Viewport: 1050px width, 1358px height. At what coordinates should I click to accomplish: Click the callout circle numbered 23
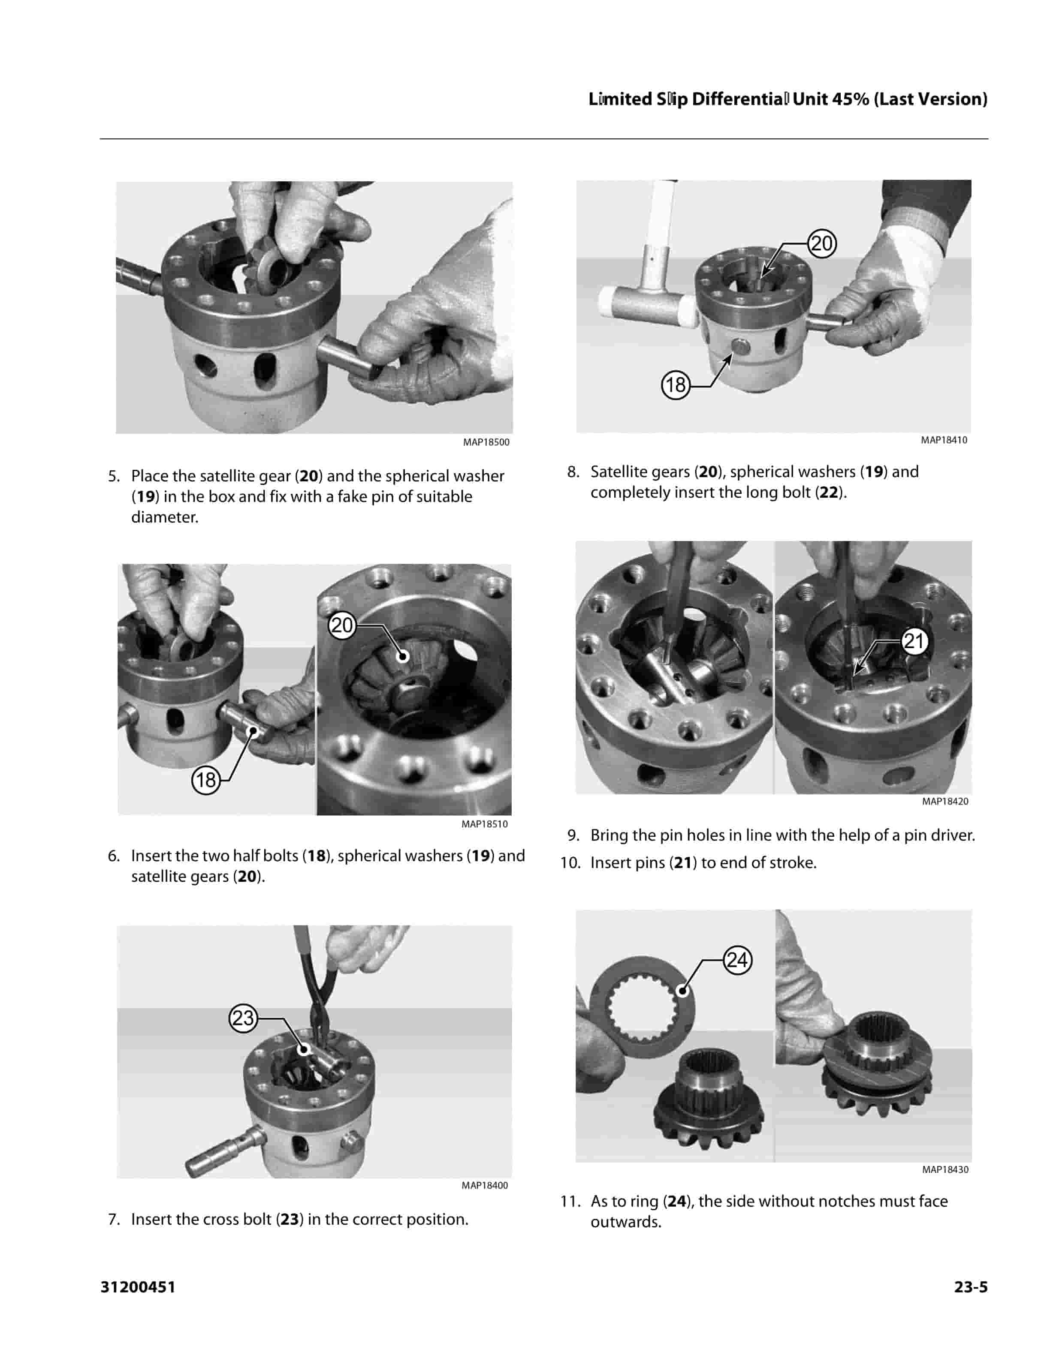pyautogui.click(x=243, y=1018)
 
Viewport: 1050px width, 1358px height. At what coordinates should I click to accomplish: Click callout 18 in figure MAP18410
pyautogui.click(x=676, y=385)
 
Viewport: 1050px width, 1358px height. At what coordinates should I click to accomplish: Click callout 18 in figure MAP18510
pyautogui.click(x=206, y=780)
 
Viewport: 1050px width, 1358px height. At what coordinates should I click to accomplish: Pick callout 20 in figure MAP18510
pyautogui.click(x=341, y=625)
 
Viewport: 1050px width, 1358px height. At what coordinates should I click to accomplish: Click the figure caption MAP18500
pyautogui.click(x=486, y=442)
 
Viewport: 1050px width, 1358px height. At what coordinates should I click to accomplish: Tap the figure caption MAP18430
pyautogui.click(x=945, y=1169)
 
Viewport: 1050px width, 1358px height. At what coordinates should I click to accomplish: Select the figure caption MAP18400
pyautogui.click(x=485, y=1186)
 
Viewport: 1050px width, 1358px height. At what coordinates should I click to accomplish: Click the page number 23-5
pyautogui.click(x=971, y=1287)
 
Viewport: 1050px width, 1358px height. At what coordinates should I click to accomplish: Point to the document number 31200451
pyautogui.click(x=138, y=1287)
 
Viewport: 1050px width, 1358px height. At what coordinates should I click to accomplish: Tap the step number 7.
pyautogui.click(x=114, y=1220)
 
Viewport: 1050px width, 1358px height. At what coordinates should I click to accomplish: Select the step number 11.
pyautogui.click(x=570, y=1201)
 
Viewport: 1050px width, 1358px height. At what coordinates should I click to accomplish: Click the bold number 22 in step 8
pyautogui.click(x=829, y=493)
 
